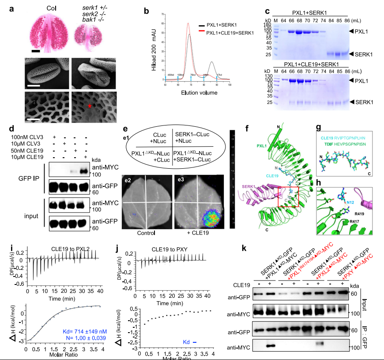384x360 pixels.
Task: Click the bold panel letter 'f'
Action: click(x=246, y=131)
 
